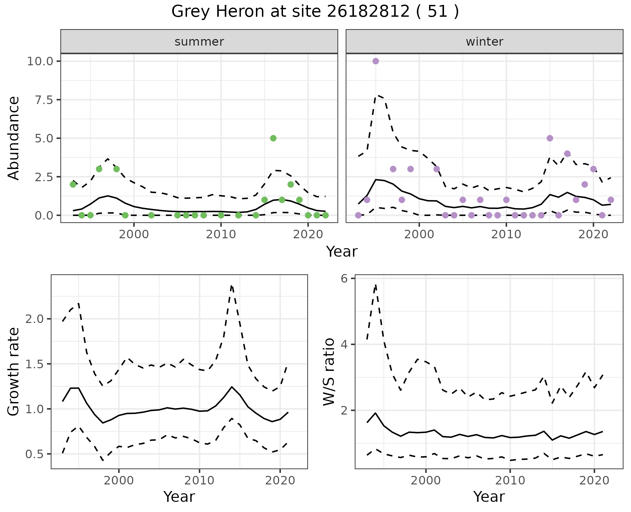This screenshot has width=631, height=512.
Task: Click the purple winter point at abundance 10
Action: tap(376, 61)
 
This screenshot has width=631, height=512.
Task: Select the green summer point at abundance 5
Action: tap(273, 138)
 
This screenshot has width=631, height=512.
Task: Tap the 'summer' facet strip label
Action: tap(199, 42)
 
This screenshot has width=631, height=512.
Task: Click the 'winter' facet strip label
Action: tap(484, 42)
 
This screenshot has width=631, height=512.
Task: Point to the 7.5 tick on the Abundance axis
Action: tap(44, 100)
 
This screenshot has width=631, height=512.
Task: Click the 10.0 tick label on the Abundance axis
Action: tap(39, 61)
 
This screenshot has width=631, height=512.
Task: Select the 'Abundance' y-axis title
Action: tap(14, 138)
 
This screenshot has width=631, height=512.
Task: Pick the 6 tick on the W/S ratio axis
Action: tap(344, 279)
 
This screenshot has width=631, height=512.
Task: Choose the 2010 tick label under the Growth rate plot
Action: tap(199, 481)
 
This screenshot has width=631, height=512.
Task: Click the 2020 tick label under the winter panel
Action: tap(593, 235)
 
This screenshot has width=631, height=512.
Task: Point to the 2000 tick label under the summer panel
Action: tap(134, 235)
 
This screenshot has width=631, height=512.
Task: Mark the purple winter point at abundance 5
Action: tap(550, 138)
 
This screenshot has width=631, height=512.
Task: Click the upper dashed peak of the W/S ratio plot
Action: tap(375, 285)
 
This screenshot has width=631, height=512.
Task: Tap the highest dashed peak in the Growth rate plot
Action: tap(232, 286)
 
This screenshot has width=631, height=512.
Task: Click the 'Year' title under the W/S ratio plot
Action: tap(489, 497)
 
